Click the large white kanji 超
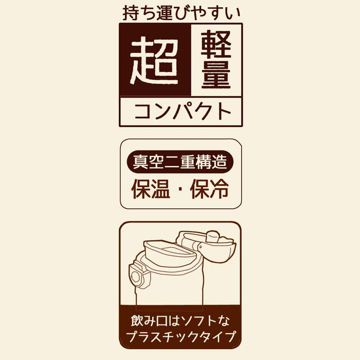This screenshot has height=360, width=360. click(154, 61)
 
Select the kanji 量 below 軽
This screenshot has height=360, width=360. click(216, 74)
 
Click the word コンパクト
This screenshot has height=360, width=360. click(183, 112)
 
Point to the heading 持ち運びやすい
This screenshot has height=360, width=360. click(182, 13)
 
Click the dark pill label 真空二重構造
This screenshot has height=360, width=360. click(180, 161)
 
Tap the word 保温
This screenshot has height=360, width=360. click(151, 189)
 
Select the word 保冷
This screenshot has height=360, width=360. click(209, 189)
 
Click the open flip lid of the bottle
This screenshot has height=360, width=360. click(207, 246)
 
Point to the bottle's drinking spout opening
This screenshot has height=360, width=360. click(169, 252)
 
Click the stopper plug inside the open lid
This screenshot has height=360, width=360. click(212, 237)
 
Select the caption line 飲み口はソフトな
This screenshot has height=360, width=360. click(180, 320)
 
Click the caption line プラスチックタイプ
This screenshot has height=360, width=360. click(181, 336)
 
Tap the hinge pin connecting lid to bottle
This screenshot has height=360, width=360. click(201, 247)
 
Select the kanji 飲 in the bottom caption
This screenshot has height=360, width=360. click(137, 320)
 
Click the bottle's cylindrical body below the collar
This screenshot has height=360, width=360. click(169, 289)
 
